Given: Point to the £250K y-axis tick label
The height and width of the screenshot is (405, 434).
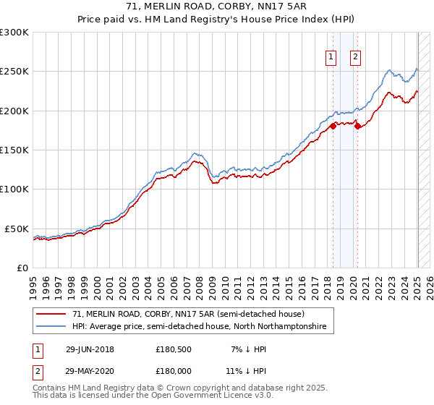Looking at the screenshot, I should pos(14,72).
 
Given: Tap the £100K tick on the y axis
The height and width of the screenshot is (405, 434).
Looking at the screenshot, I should pos(14,189).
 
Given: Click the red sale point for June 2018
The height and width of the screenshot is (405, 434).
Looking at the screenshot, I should pos(333,126).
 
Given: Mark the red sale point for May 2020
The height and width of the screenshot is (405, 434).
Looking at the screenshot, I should pos(357,127).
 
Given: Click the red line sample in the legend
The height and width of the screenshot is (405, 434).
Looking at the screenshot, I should pos(51,315).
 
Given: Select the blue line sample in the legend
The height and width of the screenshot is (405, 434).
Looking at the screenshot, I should pos(51,327).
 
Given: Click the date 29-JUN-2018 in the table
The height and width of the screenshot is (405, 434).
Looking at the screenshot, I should pos(90,349).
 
